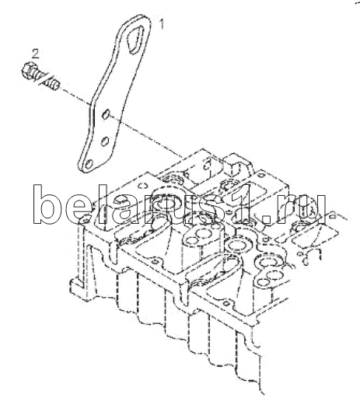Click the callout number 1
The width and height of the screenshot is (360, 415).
[x=161, y=24]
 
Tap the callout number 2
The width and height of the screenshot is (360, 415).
[x=35, y=54]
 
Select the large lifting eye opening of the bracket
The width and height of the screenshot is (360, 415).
[x=135, y=38]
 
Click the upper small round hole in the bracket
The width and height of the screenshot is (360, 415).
[x=106, y=114]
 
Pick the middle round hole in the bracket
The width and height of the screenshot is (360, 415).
[x=104, y=141]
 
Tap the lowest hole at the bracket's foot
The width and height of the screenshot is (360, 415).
[x=89, y=164]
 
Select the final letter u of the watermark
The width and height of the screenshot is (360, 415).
[x=313, y=209]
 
